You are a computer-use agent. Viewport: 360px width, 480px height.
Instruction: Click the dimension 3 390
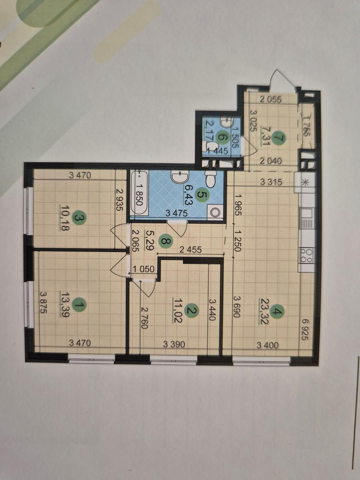pyautogui.click(x=174, y=344)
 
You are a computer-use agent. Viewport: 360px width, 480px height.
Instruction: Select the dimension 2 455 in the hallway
pyautogui.click(x=191, y=249)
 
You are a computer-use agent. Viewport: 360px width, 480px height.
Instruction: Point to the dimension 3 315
pyautogui.click(x=271, y=182)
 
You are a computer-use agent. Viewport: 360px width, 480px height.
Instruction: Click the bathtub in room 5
pyautogui.click(x=139, y=193)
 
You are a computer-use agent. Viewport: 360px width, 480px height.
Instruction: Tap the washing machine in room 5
pyautogui.click(x=215, y=212)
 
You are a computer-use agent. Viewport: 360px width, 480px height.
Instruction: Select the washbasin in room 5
pyautogui.click(x=180, y=177)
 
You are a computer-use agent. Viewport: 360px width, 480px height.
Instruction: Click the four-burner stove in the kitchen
pyautogui.click(x=306, y=255)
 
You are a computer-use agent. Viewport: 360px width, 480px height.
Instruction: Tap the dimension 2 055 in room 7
pyautogui.click(x=271, y=100)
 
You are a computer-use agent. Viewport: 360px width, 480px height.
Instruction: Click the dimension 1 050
pyautogui.click(x=143, y=268)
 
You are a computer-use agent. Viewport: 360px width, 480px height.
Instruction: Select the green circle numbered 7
pyautogui.click(x=281, y=138)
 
